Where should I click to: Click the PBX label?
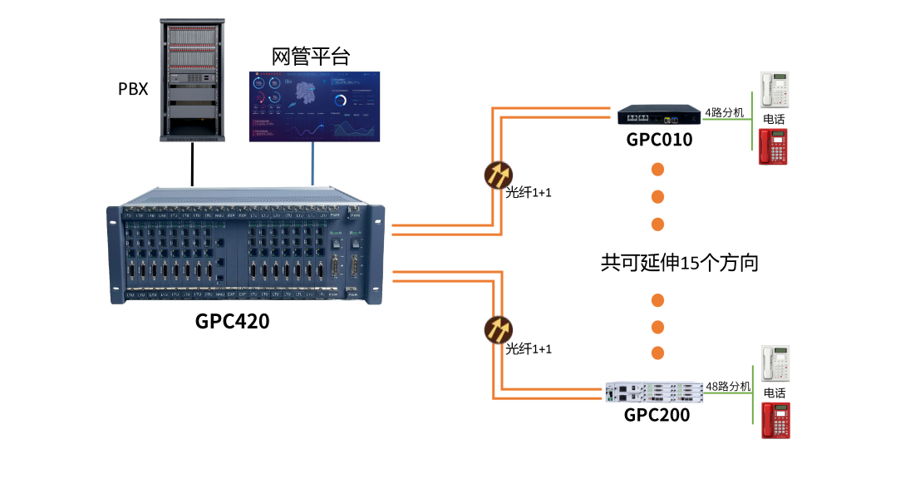(x=133, y=88)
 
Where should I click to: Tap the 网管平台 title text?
(x=312, y=57)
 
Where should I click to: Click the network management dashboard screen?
(x=314, y=106)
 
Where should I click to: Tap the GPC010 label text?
(x=659, y=140)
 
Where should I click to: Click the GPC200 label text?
(x=657, y=415)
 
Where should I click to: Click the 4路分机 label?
(x=725, y=112)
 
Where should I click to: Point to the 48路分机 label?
(x=728, y=387)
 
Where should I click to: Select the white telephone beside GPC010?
(x=775, y=90)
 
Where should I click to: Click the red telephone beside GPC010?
(x=774, y=146)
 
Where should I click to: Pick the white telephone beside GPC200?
(x=775, y=364)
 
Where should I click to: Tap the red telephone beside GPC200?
(x=775, y=421)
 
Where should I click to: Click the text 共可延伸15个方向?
(x=679, y=264)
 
